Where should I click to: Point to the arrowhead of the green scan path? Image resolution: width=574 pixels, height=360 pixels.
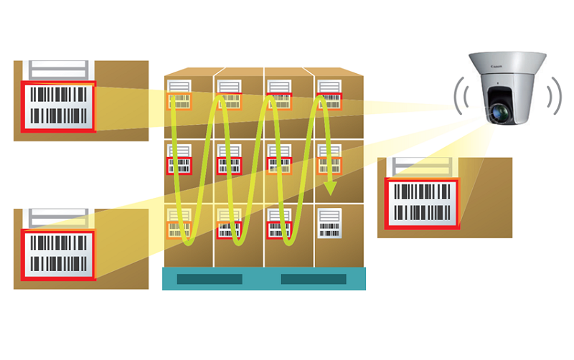330,189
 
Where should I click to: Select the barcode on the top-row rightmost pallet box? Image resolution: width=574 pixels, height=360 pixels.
329,101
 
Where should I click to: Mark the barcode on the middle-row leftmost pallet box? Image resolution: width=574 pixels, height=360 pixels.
179,166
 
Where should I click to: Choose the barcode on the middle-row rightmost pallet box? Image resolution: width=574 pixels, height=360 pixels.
329,166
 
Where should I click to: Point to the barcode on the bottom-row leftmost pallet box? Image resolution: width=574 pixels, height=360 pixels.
179,229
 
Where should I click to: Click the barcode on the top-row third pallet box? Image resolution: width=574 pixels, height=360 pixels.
278,101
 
